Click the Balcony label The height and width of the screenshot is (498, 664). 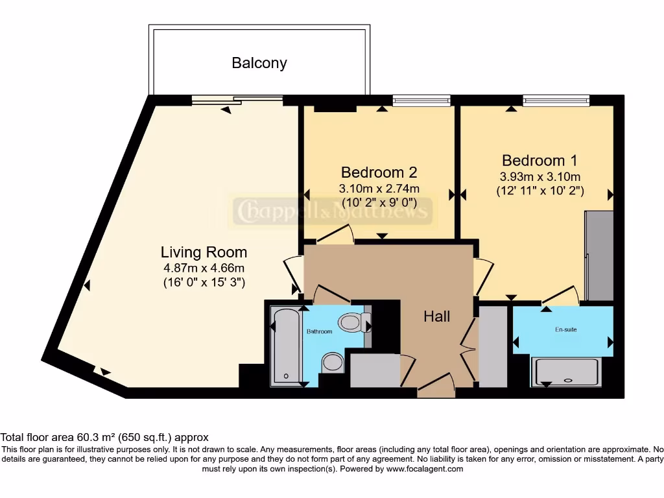point(259,63)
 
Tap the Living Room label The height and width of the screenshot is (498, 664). point(204,252)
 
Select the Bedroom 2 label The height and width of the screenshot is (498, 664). point(379,172)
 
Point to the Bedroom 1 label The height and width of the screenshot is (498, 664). point(539,161)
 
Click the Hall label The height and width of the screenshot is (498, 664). point(436,316)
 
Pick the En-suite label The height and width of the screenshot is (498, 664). point(565,329)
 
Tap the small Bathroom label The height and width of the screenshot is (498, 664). point(319,331)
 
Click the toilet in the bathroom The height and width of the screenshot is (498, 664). point(355,322)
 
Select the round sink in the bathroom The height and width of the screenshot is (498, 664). point(333,363)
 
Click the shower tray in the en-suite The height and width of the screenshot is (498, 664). point(565,372)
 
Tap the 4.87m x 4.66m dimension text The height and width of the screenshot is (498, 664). point(204,268)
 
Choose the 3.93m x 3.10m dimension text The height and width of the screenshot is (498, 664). point(540,176)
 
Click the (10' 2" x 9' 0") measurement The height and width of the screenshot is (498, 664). point(379,202)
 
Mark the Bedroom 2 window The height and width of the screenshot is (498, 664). point(421,101)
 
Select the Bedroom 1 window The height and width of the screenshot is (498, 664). point(556,101)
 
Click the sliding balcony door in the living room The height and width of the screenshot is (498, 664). point(237,101)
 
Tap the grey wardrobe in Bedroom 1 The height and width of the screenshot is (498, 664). point(599,255)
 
